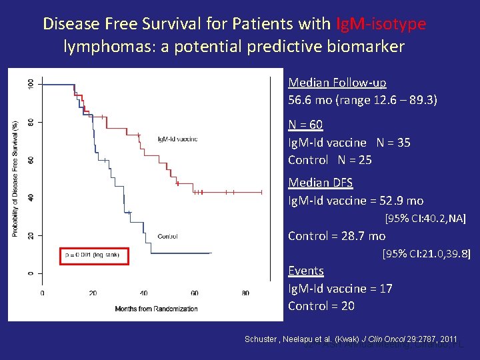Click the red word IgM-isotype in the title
(x=381, y=24)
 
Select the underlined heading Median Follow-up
(x=337, y=83)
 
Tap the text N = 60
(x=305, y=125)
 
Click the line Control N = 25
(x=329, y=160)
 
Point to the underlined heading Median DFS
(x=320, y=183)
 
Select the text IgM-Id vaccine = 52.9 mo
(x=355, y=201)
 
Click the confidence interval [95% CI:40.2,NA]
(x=425, y=219)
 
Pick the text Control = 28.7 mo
(x=336, y=236)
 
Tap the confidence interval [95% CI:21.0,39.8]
(x=426, y=254)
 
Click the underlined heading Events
(x=305, y=271)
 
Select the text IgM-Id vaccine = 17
(x=339, y=289)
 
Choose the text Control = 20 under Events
(x=321, y=306)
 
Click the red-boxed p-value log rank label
(x=93, y=255)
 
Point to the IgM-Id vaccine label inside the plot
(x=177, y=139)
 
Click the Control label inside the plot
(x=167, y=236)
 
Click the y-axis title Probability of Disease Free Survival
(x=15, y=178)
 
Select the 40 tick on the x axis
(x=144, y=293)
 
